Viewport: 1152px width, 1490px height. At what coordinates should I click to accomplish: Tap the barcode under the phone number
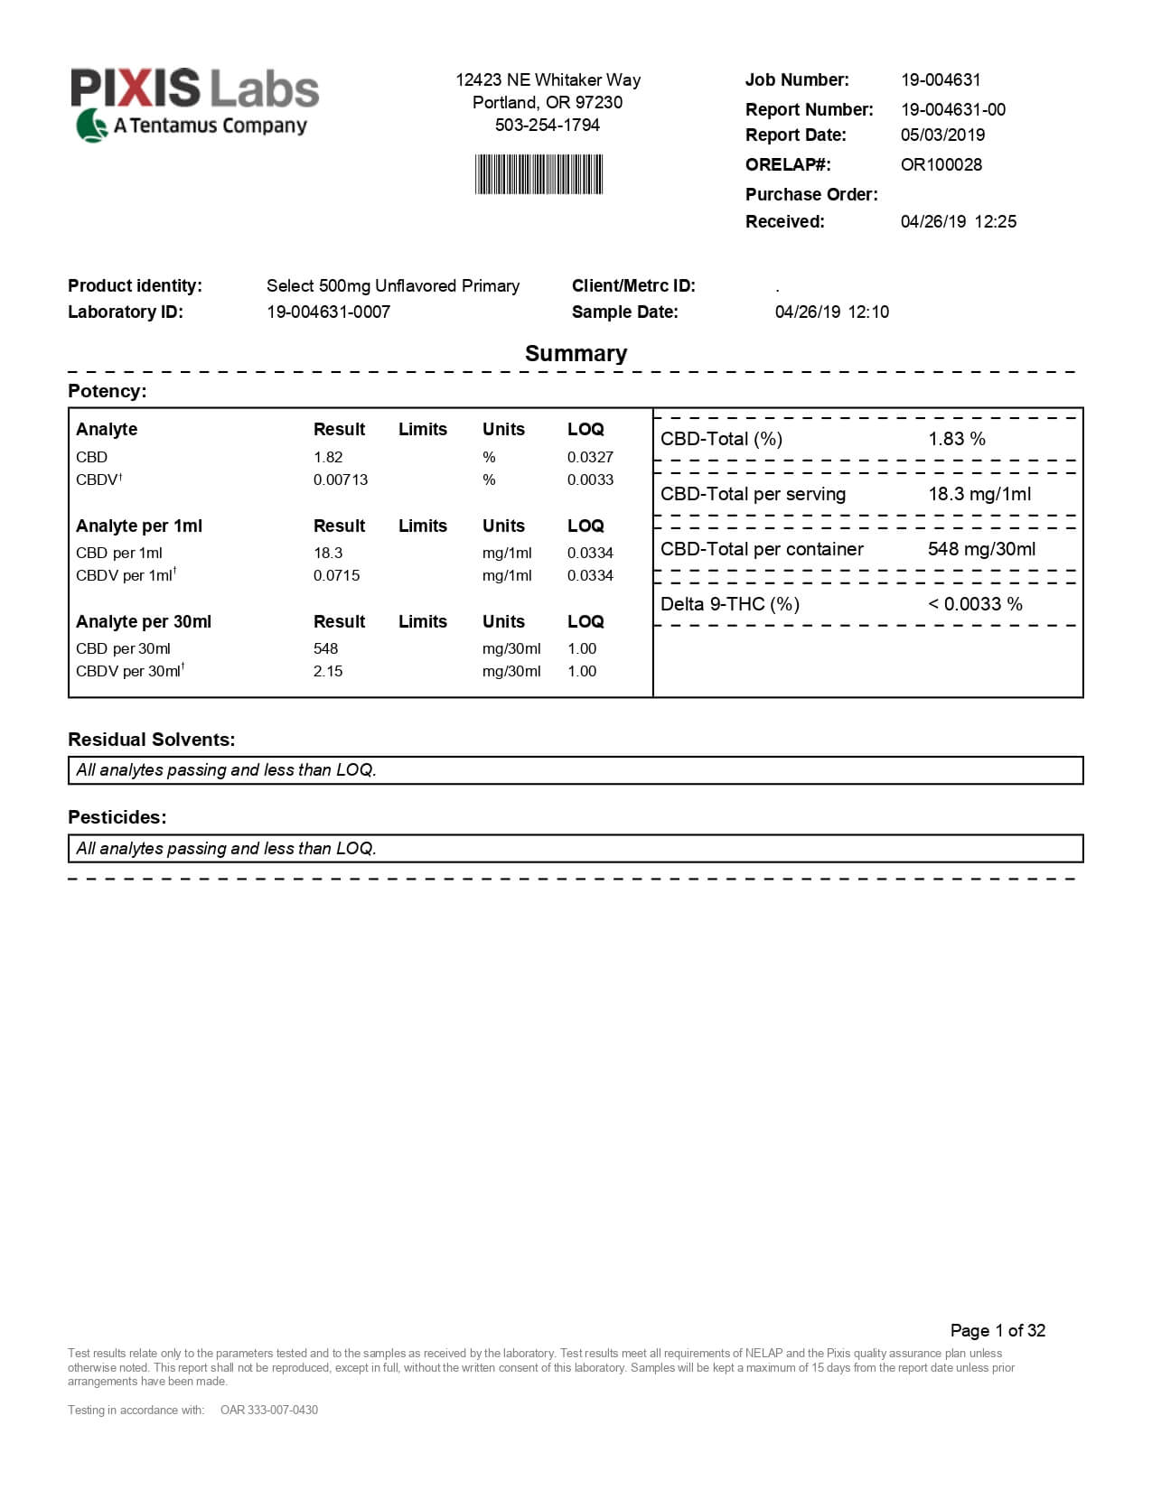[x=539, y=174]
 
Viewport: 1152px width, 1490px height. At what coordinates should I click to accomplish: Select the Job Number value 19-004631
[x=941, y=79]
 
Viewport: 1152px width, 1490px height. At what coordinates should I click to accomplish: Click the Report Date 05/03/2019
[x=942, y=135]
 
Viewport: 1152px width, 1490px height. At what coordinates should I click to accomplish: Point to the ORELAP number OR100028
[x=941, y=164]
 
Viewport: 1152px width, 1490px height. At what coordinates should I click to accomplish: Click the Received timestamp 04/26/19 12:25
[x=958, y=221]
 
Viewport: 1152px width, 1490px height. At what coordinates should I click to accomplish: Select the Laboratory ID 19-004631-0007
[x=328, y=312]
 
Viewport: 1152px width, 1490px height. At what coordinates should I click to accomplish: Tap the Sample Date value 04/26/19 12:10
[x=831, y=312]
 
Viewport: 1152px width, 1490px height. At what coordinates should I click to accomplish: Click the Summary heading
[x=576, y=353]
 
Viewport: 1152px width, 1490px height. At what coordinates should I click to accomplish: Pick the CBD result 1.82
[x=328, y=457]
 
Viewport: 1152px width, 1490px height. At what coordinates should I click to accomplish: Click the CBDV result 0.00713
[x=341, y=480]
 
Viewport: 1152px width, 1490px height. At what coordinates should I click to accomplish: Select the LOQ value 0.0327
[x=590, y=457]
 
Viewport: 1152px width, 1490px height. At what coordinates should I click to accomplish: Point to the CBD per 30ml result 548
[x=325, y=648]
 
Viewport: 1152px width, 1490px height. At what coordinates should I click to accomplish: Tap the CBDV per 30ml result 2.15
[x=328, y=671]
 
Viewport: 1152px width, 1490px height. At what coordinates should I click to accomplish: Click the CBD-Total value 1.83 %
[x=957, y=439]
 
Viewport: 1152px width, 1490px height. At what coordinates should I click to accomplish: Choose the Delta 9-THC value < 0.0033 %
[x=975, y=604]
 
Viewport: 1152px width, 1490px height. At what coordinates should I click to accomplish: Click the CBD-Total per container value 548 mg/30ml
[x=981, y=549]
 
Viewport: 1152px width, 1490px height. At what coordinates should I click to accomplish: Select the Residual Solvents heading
[x=151, y=740]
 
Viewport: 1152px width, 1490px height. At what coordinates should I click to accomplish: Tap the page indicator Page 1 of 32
[x=997, y=1330]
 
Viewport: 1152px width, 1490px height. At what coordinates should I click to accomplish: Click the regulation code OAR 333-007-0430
[x=269, y=1410]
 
